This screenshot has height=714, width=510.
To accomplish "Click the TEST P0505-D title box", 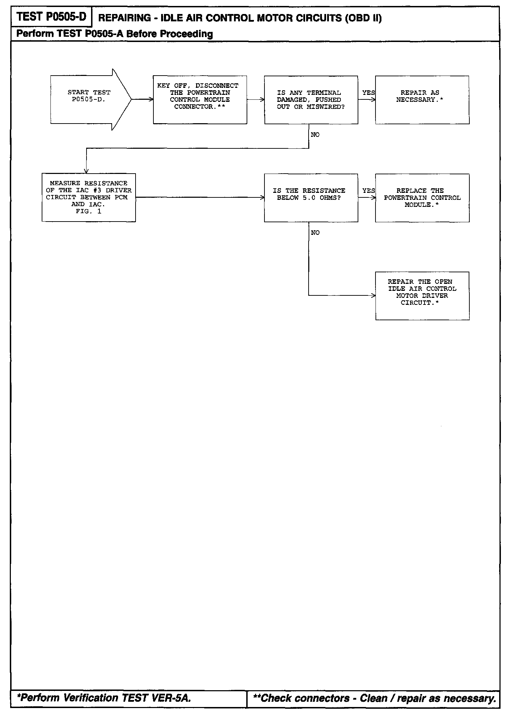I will point(51,16).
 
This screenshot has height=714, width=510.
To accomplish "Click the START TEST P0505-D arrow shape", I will point(89,99).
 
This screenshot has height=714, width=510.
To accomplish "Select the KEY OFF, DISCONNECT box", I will point(200,100).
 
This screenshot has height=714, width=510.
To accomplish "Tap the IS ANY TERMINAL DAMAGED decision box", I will point(311,100).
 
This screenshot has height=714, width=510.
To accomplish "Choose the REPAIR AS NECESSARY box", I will point(422,100).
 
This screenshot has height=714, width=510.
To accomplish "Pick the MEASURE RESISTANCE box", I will point(89,197).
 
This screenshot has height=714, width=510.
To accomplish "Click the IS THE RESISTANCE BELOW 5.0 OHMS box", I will point(311,197).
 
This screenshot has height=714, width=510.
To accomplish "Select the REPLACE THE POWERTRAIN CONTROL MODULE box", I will point(422,198).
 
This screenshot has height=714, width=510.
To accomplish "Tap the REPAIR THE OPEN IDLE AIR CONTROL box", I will point(422,295).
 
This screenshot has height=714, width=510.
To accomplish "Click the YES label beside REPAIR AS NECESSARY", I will point(368,93).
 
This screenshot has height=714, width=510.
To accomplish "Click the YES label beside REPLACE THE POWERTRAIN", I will point(368,191).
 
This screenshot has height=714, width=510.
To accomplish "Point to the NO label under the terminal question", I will point(315,135).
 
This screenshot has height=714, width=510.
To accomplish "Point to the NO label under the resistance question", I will point(315,233).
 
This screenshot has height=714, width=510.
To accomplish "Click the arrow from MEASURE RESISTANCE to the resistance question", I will point(200,197).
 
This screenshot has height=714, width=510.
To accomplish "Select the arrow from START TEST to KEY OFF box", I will point(143,99).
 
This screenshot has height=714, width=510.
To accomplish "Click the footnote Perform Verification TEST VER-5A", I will point(104,698).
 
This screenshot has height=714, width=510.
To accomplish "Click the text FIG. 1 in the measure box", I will point(88,211).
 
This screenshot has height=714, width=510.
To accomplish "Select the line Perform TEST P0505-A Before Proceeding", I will point(115,34).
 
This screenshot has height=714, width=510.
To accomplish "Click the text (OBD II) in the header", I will point(363,18).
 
